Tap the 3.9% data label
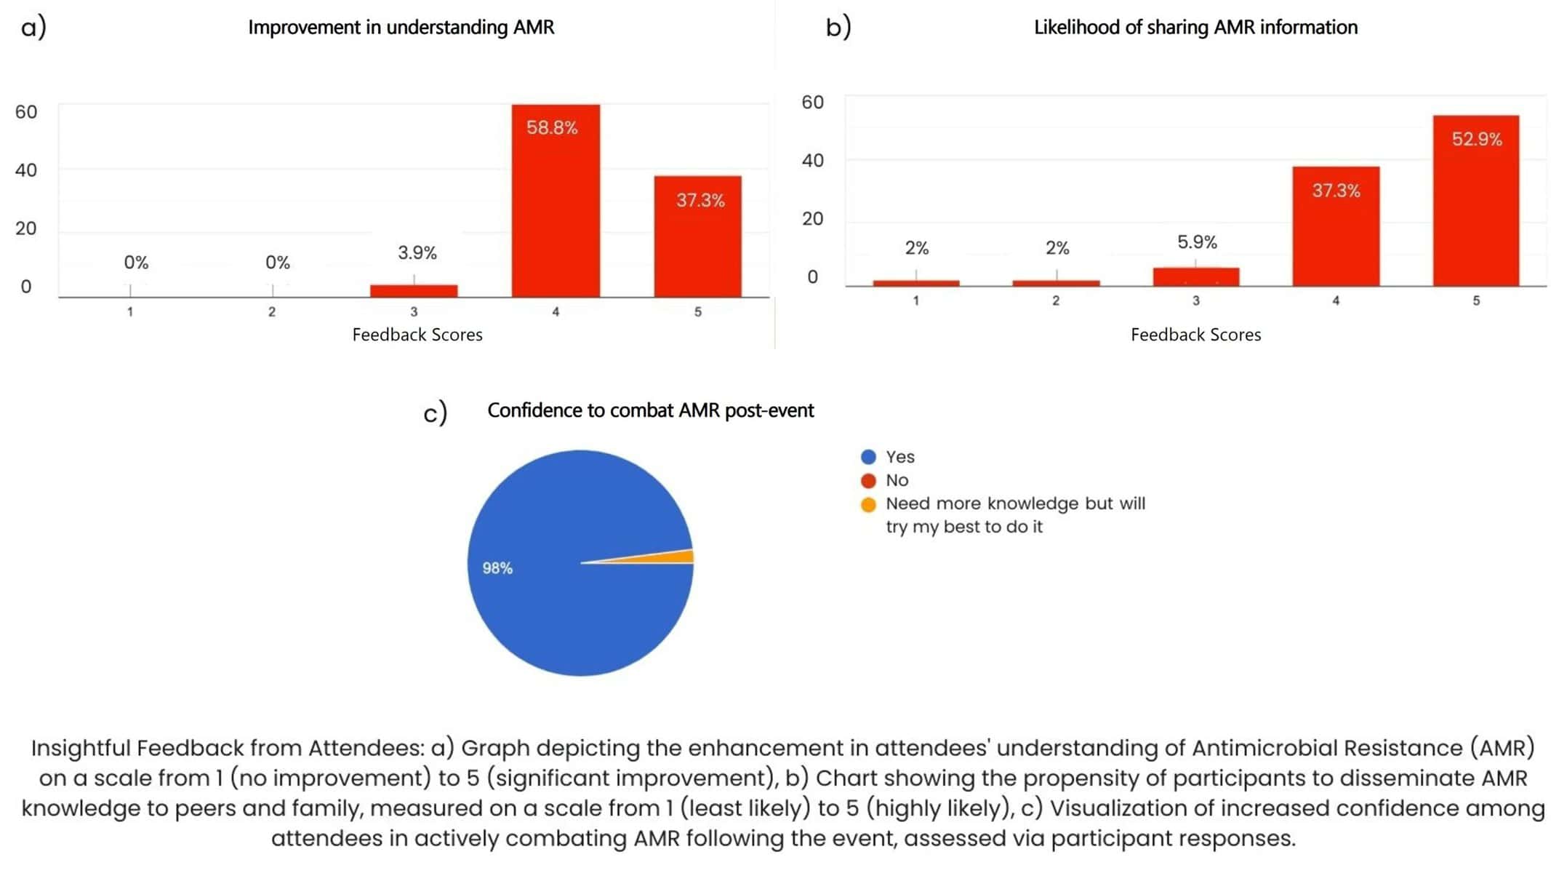417,253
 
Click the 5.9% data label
1197,242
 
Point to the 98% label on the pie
497,568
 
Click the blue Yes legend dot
868,457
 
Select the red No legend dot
868,480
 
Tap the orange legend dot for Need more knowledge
868,504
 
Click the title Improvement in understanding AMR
401,28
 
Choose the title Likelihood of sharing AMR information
1195,28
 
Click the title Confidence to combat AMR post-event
650,411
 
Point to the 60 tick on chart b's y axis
812,103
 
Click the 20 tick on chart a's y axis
26,228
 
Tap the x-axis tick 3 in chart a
414,312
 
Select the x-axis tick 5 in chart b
1476,300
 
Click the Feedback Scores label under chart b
1195,335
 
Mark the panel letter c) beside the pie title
435,413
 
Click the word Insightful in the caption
80,748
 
